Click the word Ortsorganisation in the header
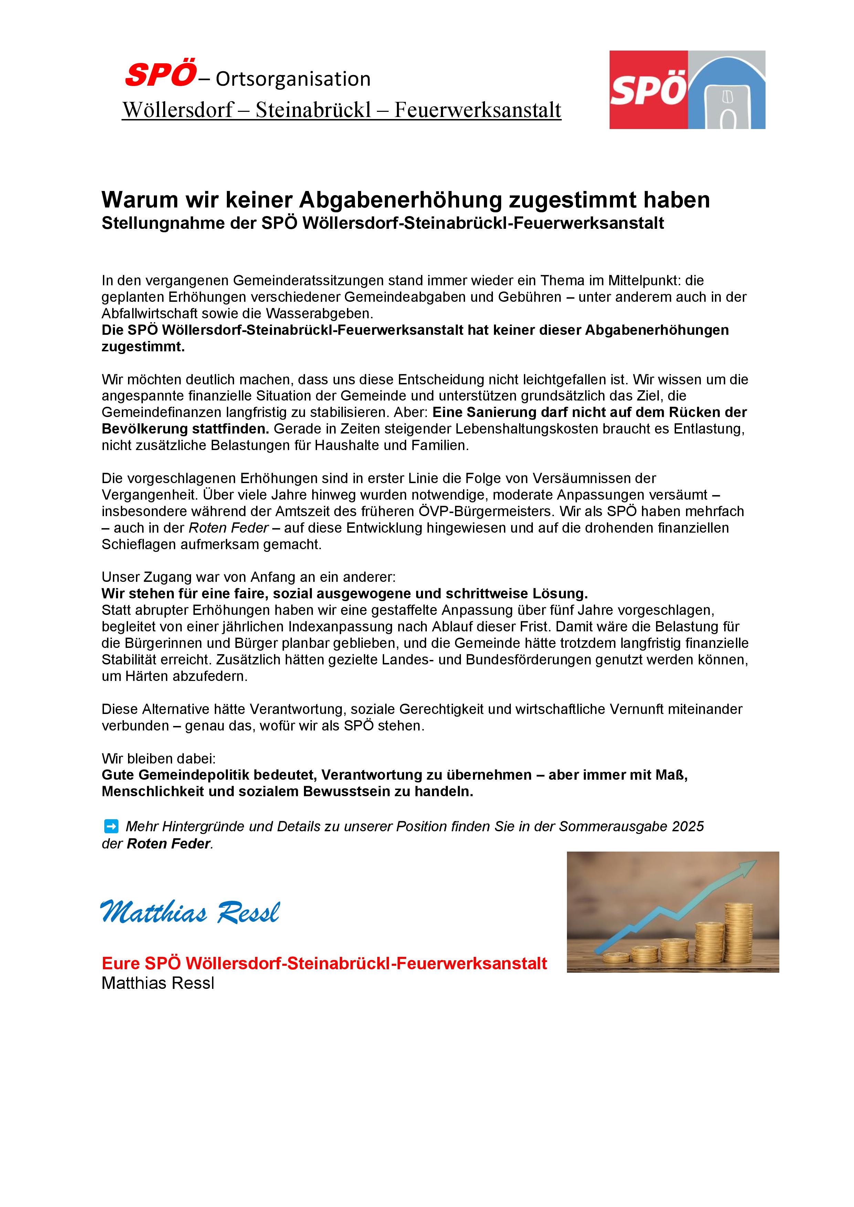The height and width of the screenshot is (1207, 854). coord(293,79)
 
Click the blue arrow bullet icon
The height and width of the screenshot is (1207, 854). coord(111,826)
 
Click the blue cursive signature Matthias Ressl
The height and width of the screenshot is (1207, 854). coord(190,912)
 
